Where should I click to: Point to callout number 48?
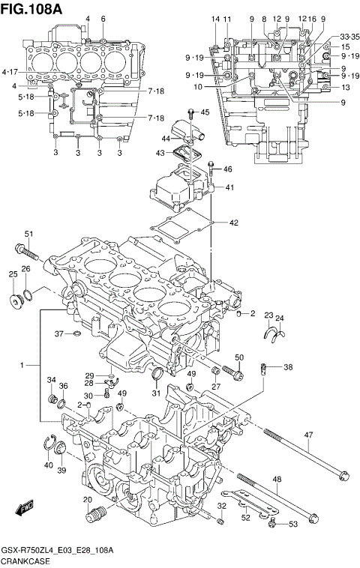point(277,480)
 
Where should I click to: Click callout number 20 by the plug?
point(87,500)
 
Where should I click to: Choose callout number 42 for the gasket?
point(233,223)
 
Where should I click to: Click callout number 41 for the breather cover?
point(229,187)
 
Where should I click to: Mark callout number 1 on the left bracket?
point(24,365)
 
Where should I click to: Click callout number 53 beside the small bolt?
point(293,525)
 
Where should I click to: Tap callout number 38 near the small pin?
point(288,367)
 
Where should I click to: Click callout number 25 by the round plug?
point(13,275)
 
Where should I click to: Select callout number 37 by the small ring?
point(59,333)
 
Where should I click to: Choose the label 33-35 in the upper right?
point(349,36)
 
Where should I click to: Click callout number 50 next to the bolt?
point(239,357)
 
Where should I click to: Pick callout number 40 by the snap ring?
point(48,465)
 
